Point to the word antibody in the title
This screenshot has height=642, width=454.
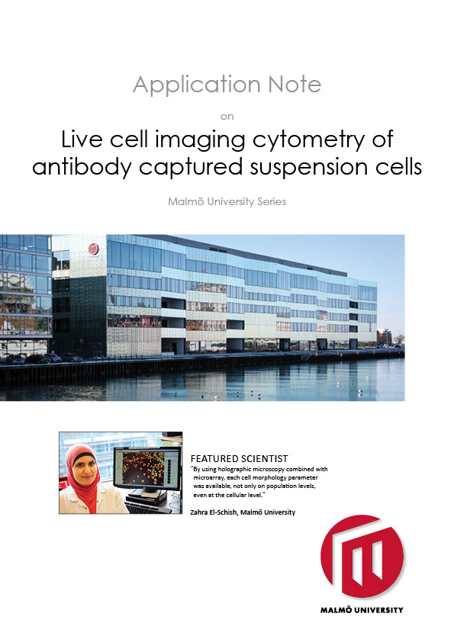coord(79,166)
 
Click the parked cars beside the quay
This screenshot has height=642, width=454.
coord(46,358)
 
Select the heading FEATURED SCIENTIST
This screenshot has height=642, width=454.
coord(239,458)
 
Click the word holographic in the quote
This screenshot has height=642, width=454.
coord(246,469)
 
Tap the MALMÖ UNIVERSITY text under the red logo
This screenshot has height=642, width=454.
coord(362,610)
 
